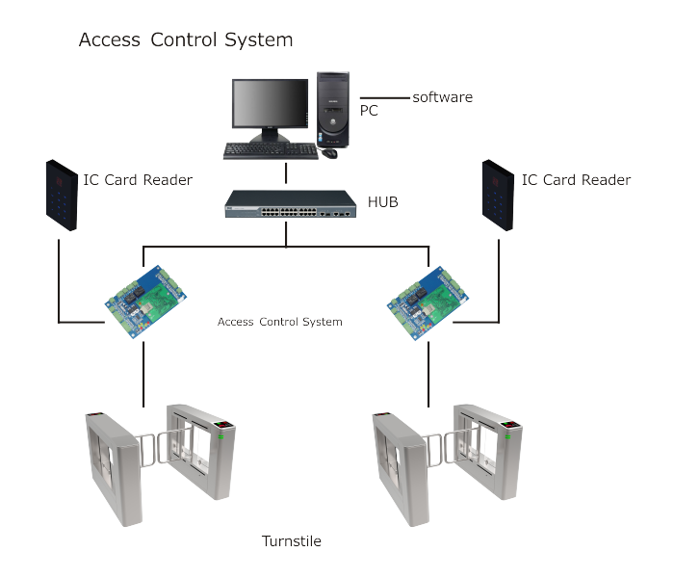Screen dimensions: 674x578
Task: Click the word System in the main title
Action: (x=259, y=40)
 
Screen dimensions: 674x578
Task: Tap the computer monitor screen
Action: (x=270, y=103)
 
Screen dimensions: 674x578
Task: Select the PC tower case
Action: (x=333, y=110)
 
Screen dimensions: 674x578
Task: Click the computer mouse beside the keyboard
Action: (x=329, y=153)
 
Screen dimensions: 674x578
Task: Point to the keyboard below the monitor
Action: (x=271, y=151)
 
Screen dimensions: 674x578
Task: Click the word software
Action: (x=442, y=97)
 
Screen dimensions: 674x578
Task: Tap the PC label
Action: (x=369, y=111)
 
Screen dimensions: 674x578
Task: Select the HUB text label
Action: (x=382, y=201)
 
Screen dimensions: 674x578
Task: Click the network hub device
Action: (x=291, y=204)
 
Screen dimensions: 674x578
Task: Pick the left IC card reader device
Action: (x=62, y=196)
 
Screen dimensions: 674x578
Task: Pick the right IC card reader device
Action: (x=498, y=196)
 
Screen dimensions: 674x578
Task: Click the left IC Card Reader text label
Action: (x=138, y=180)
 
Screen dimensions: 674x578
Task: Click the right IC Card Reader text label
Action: (x=576, y=180)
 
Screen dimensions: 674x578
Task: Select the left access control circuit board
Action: (x=145, y=302)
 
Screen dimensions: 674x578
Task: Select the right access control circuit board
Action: (x=428, y=303)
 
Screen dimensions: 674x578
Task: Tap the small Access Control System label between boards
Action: (x=280, y=322)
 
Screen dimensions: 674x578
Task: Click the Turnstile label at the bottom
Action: (x=292, y=540)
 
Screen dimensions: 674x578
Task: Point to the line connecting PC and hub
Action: (x=286, y=172)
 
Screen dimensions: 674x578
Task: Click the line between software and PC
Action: (x=385, y=98)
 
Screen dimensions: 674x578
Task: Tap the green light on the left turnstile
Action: (x=220, y=437)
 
